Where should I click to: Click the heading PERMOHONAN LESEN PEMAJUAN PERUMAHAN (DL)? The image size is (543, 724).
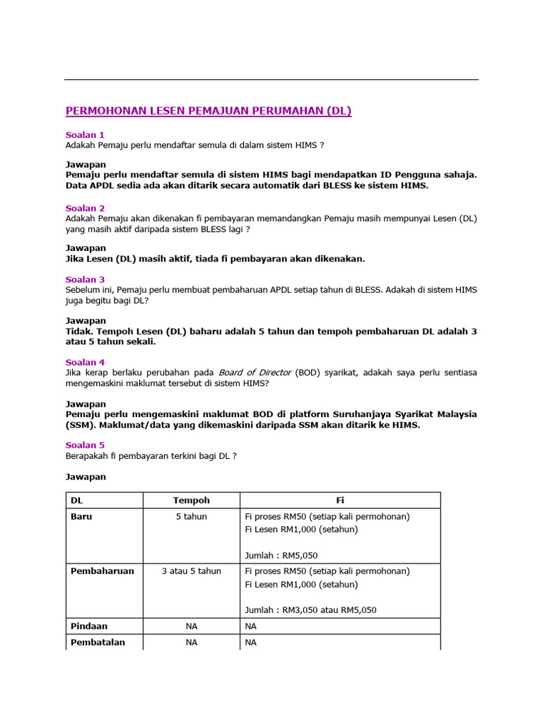point(209,111)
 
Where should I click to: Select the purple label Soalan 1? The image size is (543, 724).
point(85,134)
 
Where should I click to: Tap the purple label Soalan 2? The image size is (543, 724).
point(85,208)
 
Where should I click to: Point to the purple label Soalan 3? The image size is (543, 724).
point(85,279)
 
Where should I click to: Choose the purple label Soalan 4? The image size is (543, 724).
point(85,362)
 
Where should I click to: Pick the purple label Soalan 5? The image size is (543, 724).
point(85,445)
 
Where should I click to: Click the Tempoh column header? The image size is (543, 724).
point(192,500)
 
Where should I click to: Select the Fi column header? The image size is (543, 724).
point(340,500)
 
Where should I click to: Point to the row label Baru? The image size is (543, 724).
point(81,516)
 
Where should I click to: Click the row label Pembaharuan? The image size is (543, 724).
point(103,571)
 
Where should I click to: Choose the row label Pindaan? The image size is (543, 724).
point(89,626)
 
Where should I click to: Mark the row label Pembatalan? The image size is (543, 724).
point(98,642)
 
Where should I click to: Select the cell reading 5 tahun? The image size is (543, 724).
point(192,516)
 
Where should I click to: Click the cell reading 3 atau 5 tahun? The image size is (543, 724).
point(192,571)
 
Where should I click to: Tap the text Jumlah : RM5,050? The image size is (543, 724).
point(281,555)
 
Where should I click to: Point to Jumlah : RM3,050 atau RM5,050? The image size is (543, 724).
point(310,609)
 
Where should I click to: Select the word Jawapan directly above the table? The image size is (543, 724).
point(86,477)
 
